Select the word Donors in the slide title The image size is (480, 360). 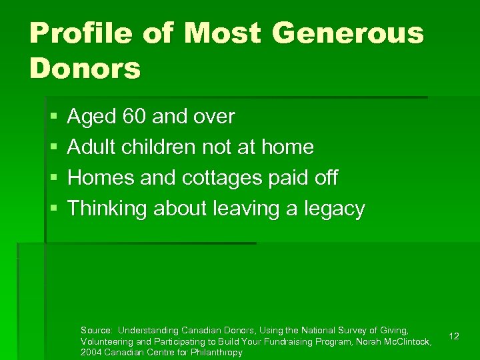[85, 68]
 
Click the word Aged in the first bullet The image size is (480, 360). [92, 118]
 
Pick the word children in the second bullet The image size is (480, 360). [152, 147]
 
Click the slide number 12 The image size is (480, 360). [454, 337]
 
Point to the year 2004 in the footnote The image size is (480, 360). [91, 352]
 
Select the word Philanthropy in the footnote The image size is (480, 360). [217, 352]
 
